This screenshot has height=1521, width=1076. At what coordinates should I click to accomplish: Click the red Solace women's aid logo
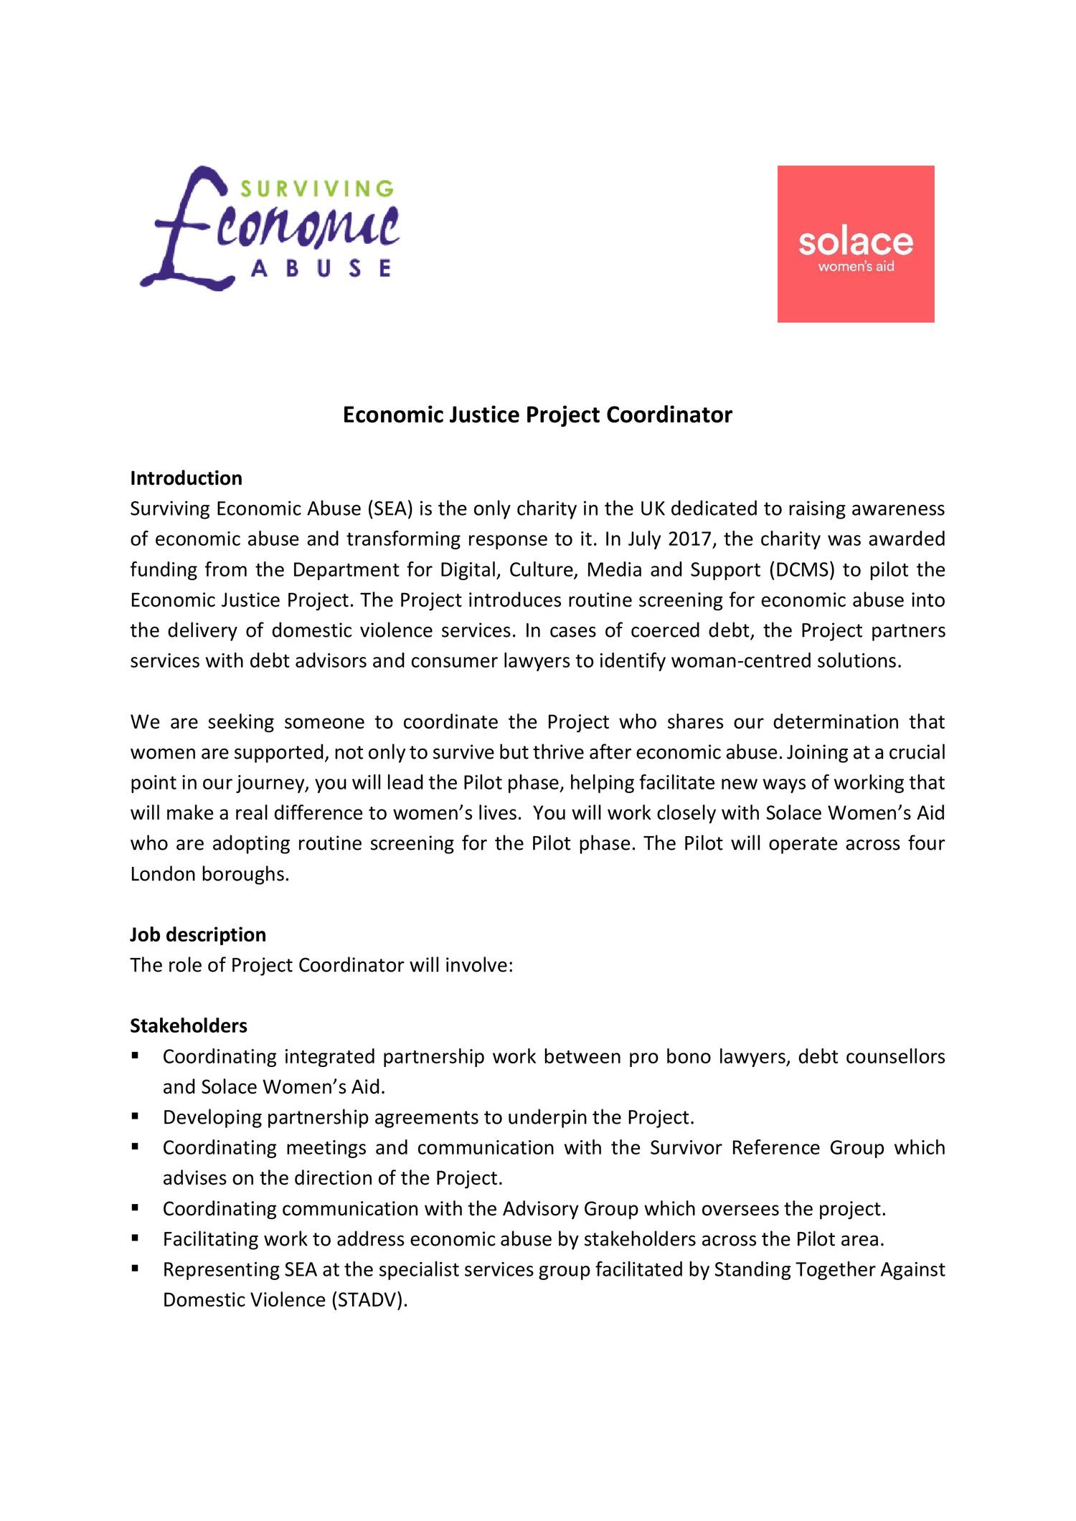pyautogui.click(x=856, y=244)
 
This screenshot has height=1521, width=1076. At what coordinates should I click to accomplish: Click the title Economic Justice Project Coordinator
pyautogui.click(x=537, y=415)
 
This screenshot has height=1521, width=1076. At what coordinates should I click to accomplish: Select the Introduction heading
pyautogui.click(x=186, y=478)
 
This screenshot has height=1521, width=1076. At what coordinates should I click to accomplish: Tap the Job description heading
pyautogui.click(x=197, y=934)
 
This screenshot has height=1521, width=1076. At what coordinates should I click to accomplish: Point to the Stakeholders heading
pyautogui.click(x=188, y=1025)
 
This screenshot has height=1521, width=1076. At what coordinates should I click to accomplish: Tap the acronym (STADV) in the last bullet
pyautogui.click(x=369, y=1300)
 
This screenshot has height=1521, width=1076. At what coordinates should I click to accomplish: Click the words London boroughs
pyautogui.click(x=209, y=874)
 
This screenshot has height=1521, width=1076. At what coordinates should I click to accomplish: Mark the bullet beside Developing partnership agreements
pyautogui.click(x=135, y=1117)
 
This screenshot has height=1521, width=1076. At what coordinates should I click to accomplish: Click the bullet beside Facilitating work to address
pyautogui.click(x=135, y=1238)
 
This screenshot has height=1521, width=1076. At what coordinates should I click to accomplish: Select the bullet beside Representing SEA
pyautogui.click(x=135, y=1269)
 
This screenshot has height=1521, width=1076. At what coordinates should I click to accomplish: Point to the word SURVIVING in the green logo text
pyautogui.click(x=316, y=189)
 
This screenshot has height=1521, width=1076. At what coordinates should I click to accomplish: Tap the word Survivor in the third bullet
pyautogui.click(x=686, y=1148)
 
